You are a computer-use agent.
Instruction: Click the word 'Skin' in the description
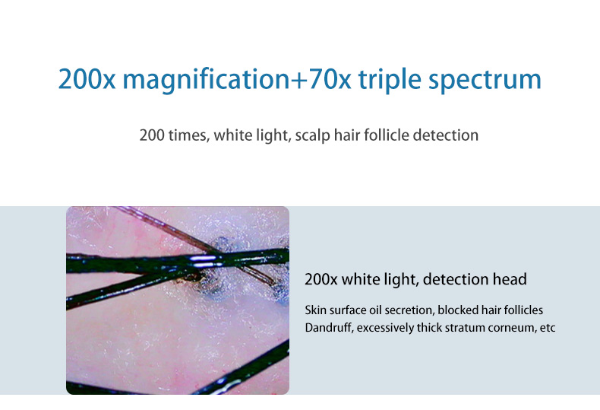pyautogui.click(x=315, y=310)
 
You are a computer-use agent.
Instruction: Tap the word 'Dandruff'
pyautogui.click(x=328, y=328)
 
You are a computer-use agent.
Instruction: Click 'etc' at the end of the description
pyautogui.click(x=547, y=328)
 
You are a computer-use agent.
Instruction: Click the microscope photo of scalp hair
pyautogui.click(x=178, y=300)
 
